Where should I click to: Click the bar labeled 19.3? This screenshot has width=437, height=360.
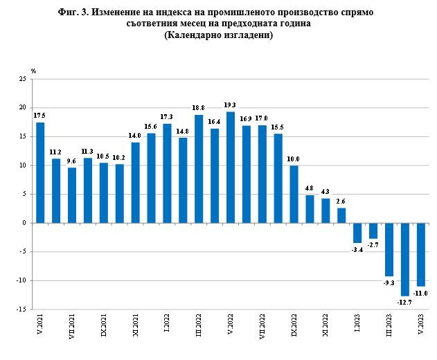231,168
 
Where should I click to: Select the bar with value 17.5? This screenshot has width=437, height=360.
40,172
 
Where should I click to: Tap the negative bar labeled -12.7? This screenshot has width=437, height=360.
405,260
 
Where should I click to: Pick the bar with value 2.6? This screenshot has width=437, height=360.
341,215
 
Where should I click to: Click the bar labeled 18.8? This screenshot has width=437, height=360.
199,169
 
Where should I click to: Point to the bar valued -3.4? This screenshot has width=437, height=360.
357,233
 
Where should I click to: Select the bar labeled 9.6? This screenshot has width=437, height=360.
72,195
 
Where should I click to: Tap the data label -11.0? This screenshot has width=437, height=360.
422,294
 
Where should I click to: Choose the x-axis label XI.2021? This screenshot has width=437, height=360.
135,325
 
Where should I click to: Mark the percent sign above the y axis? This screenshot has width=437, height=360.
33,71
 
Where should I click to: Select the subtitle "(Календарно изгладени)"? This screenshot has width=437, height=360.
218,35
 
